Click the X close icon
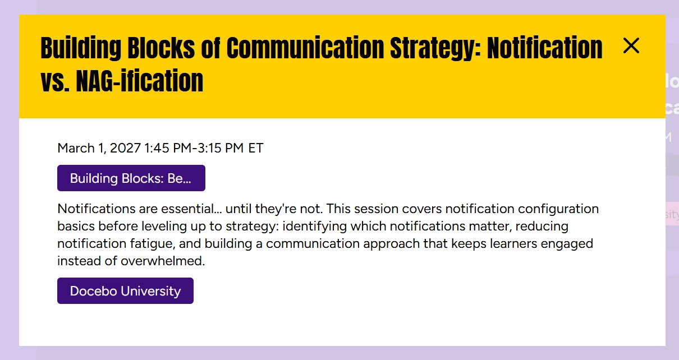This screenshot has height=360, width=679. pos(631,46)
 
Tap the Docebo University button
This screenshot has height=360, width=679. pos(125,290)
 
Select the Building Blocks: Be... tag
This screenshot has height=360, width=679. pos(131,178)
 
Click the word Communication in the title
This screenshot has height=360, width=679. pos(305,48)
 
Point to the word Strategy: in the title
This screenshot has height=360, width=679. pos(435,48)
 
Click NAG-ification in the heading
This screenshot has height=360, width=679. pos(139,81)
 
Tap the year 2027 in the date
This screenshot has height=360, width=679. pos(125,148)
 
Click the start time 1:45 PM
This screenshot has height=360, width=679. pos(168,148)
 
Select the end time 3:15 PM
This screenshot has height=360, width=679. pos(221,148)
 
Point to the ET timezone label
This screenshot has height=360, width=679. pos(256,148)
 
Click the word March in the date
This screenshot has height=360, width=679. pos(76,148)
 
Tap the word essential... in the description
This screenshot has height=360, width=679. pos(191,209)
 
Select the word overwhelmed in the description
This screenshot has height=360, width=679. pos(163,261)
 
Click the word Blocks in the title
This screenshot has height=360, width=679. pos(161,48)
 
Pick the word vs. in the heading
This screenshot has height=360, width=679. pos(55,81)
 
